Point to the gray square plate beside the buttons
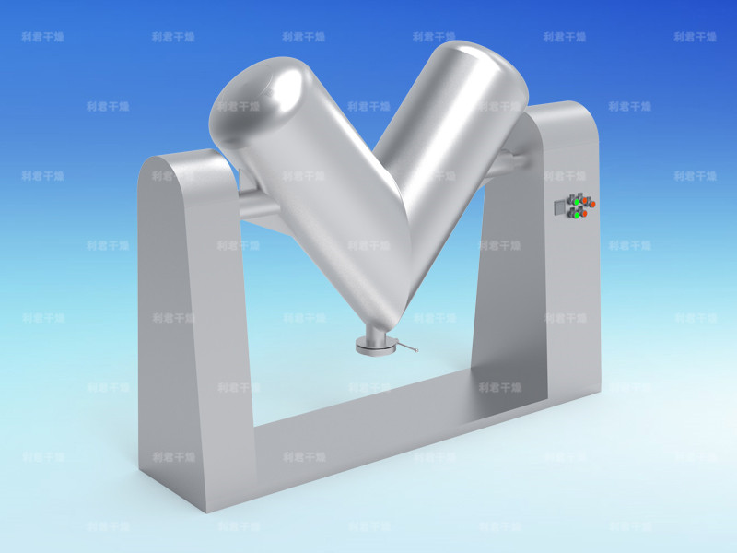click(559, 207)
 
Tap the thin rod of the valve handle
click(403, 347)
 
